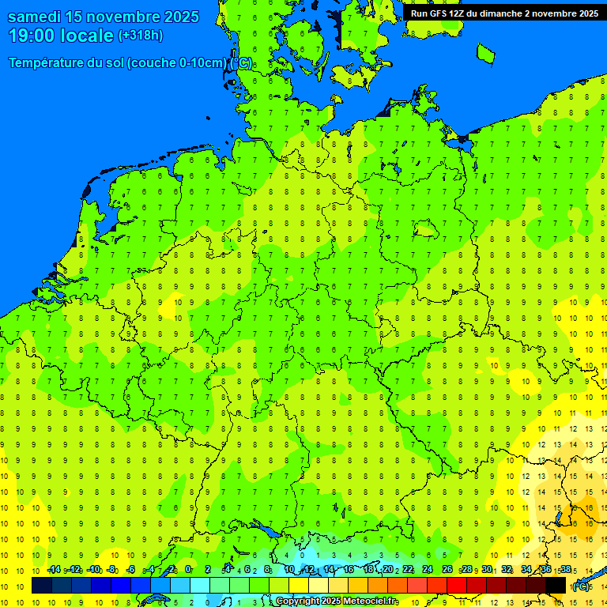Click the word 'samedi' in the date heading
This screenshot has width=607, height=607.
[x=35, y=17]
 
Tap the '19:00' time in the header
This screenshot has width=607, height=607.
[x=29, y=36]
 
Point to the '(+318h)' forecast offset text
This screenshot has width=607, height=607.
[x=140, y=35]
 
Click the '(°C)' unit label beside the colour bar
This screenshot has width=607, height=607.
[x=580, y=586]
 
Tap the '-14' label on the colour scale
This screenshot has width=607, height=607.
[x=54, y=569]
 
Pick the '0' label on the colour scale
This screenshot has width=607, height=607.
[x=188, y=569]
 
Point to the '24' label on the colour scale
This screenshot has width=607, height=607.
[x=428, y=569]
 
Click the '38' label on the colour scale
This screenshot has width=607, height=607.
[x=565, y=569]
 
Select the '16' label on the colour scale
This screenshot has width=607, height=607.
[x=349, y=569]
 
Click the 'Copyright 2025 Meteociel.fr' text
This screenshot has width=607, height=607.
[x=336, y=601]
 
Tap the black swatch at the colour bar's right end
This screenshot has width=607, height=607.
[x=556, y=585]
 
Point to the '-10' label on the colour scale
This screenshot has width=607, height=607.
[x=93, y=569]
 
